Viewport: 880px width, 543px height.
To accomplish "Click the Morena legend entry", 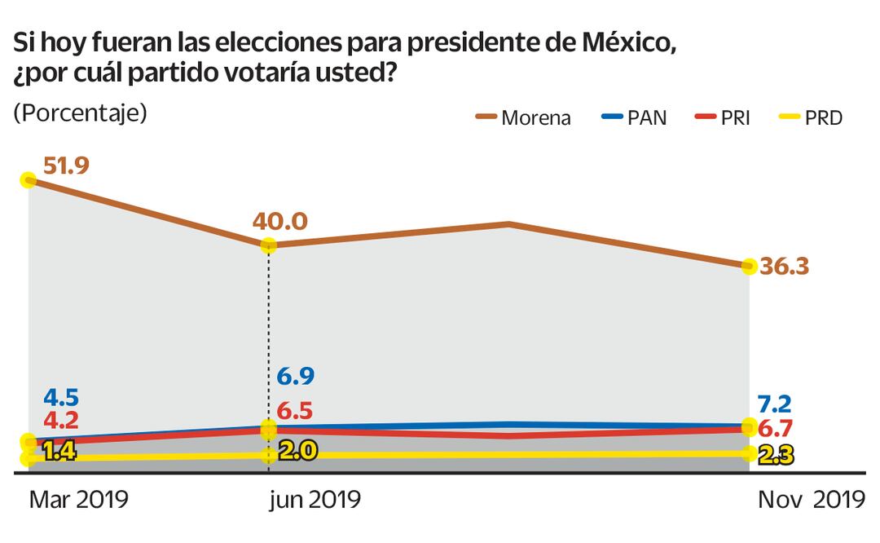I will point(523,117).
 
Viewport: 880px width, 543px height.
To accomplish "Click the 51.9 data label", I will point(66,166).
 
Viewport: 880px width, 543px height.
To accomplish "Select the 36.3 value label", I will point(784,267).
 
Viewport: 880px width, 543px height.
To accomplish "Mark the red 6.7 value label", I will point(776,429).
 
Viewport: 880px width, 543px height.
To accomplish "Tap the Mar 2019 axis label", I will point(78,500).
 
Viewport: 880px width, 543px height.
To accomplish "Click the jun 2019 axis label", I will point(315,500).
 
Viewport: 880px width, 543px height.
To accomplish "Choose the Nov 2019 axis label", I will point(812,500).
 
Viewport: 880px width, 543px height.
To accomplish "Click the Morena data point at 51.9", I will point(29,179).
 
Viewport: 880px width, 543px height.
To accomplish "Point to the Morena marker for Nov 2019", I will point(749,266).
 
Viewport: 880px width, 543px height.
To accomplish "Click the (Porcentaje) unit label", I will point(80,113).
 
